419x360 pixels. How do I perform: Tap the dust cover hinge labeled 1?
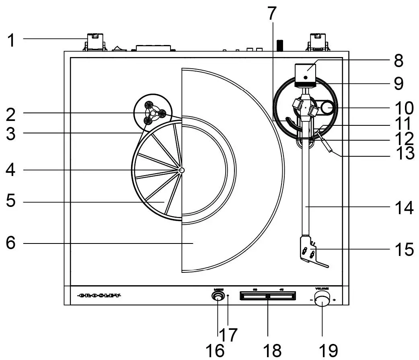[x=95, y=43]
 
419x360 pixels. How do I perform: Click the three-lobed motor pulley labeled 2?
[x=153, y=113]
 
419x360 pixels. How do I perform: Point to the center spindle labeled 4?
[x=182, y=170]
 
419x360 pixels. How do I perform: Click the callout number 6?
[x=11, y=243]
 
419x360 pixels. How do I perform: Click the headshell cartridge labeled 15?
[x=307, y=251]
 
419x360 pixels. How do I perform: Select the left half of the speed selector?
[x=255, y=297]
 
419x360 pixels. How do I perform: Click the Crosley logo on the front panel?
[x=99, y=296]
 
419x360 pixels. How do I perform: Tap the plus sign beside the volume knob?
[x=334, y=299]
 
